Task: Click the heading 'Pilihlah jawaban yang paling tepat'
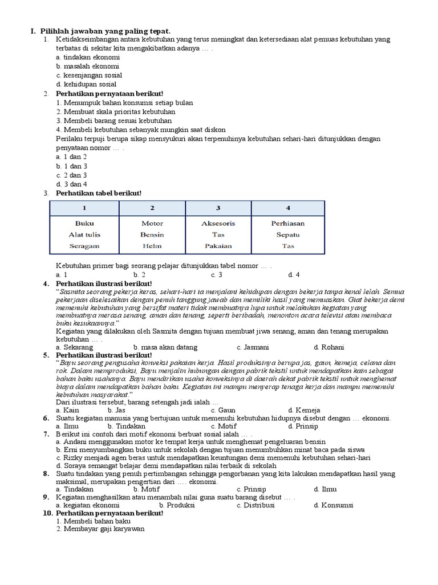point(106,30)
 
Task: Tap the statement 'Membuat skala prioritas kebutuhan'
point(111,111)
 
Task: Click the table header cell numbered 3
point(218,207)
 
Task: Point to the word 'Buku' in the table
point(84,223)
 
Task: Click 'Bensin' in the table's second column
point(152,235)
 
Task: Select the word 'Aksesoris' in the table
point(218,223)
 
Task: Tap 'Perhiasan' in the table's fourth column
point(287,223)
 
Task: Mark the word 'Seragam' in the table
point(84,246)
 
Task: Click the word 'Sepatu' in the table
point(287,235)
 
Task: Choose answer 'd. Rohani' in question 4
point(329,347)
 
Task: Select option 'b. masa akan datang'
point(165,347)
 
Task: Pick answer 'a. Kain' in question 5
point(67,410)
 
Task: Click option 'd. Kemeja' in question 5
point(304,410)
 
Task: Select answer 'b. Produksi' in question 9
point(177,505)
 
